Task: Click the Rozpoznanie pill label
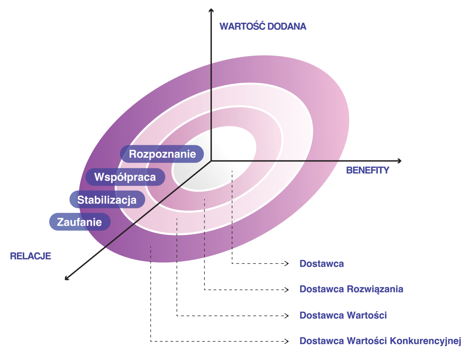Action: [162, 154]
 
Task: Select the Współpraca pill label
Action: [125, 177]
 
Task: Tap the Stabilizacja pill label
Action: [107, 200]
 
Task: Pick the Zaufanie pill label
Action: [79, 222]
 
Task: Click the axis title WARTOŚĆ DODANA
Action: [263, 27]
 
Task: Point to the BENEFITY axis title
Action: [368, 170]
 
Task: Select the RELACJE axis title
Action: [30, 256]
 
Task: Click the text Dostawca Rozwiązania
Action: [351, 289]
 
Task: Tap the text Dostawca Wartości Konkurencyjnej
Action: [380, 341]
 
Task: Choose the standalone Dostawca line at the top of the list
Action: [321, 264]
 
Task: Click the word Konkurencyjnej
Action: [425, 341]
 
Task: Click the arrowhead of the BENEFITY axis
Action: [400, 161]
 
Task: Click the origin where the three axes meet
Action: [211, 161]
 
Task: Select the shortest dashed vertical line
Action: [151, 254]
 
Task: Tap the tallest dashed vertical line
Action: [232, 209]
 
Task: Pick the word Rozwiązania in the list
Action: [375, 289]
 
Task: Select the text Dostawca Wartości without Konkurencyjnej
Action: [343, 315]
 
